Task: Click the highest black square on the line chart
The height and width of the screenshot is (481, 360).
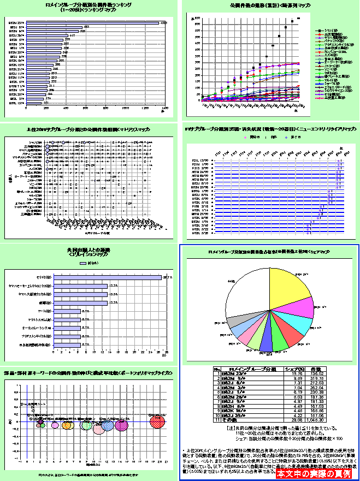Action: coord(298,19)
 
